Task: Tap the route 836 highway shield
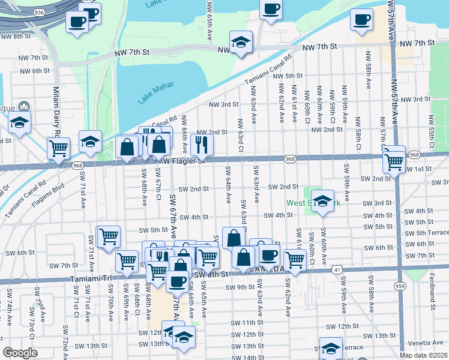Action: coord(39,12)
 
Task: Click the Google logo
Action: coord(20,353)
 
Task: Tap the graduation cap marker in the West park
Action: coord(323,202)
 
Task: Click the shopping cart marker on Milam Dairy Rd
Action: coord(58,147)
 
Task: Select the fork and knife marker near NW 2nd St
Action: coord(202,144)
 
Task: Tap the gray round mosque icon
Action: coord(24,107)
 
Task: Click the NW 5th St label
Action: coord(286,76)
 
